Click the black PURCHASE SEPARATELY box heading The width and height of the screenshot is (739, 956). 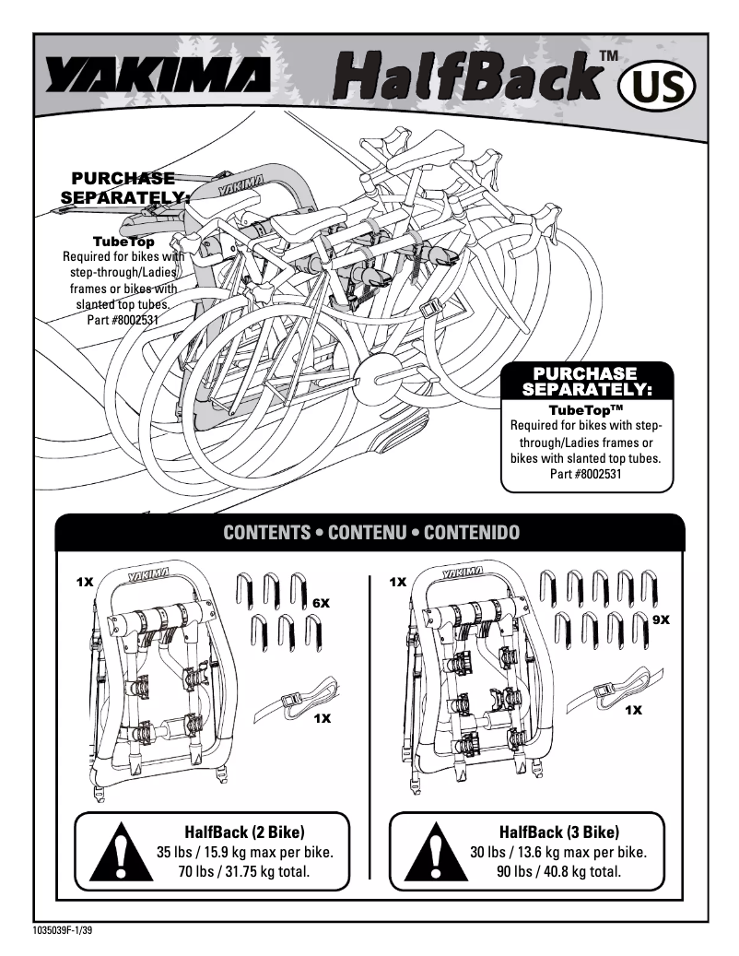tap(586, 381)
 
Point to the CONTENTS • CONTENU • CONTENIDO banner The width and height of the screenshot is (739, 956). tap(371, 533)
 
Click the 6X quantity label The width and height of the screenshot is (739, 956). tap(321, 602)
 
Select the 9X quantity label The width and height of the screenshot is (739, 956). tap(660, 620)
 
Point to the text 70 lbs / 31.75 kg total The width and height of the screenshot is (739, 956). tap(244, 870)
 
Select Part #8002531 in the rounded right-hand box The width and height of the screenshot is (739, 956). tap(586, 475)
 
